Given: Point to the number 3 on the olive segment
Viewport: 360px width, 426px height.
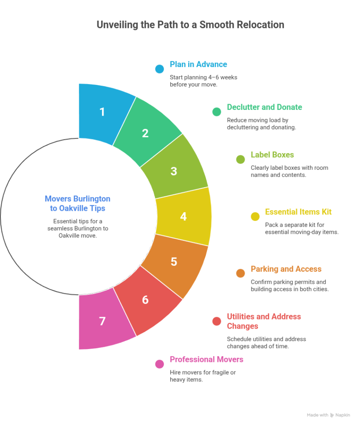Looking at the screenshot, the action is [174, 171].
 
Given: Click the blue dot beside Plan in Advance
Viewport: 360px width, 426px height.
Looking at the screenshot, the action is [159, 69].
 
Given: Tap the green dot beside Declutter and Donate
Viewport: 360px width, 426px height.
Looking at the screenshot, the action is [216, 111].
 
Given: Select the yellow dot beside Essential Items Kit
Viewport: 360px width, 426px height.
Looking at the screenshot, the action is [255, 216].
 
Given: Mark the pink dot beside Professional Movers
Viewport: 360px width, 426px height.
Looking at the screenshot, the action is [159, 364].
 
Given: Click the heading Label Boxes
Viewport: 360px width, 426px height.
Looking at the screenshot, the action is [272, 155].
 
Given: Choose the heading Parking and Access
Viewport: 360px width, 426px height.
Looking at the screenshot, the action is [286, 269].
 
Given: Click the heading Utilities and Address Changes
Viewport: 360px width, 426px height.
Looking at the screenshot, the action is [264, 321].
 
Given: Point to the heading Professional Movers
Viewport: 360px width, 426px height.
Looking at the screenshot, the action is [206, 359].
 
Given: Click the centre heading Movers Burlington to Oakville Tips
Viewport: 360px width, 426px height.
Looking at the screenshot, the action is [77, 203].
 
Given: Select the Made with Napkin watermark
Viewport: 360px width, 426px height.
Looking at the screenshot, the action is [328, 415].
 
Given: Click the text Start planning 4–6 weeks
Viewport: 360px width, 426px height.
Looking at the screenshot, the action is [204, 77].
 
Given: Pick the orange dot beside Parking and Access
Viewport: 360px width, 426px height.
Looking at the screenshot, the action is [241, 273].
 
